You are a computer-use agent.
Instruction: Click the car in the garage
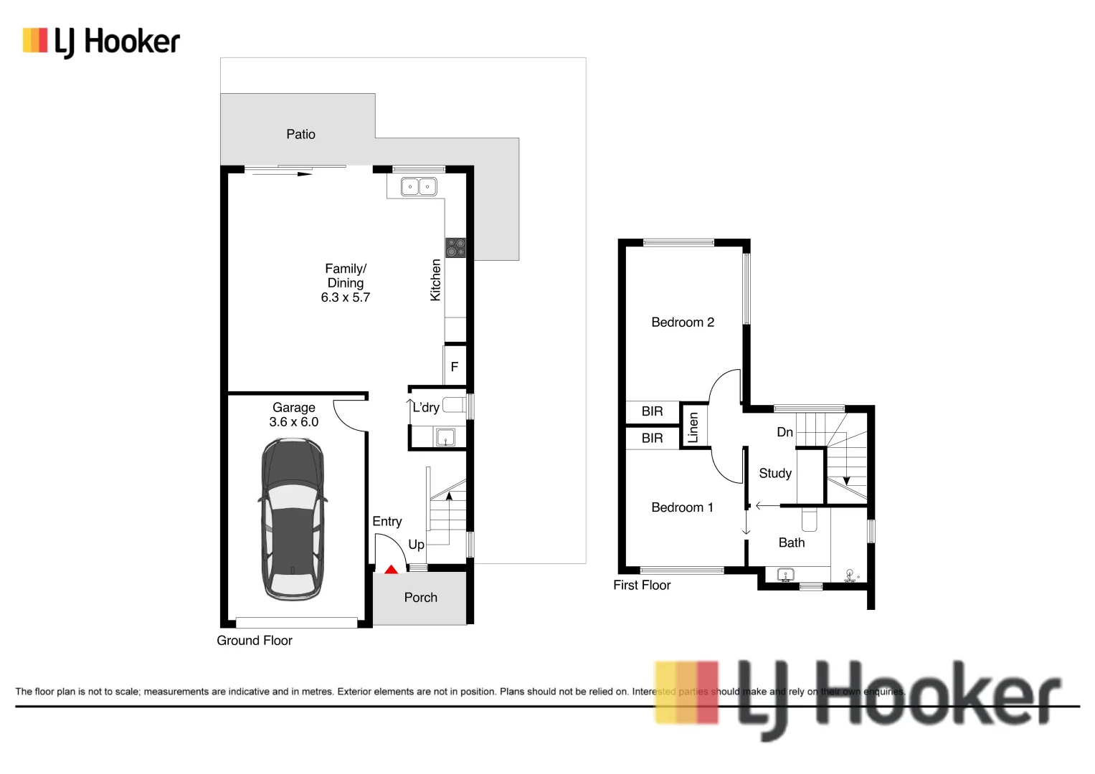tap(293, 520)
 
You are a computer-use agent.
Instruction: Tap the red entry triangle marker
tap(391, 570)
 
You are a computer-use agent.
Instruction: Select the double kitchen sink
tap(418, 186)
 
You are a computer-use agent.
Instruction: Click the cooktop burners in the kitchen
tap(455, 248)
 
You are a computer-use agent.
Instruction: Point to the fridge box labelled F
tap(455, 366)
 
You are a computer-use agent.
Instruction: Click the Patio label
tap(300, 134)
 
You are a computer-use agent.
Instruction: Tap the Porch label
tap(420, 597)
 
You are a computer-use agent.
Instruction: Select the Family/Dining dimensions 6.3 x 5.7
tap(346, 297)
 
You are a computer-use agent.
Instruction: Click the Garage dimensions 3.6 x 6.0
tap(293, 422)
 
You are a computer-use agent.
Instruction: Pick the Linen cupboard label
tap(693, 427)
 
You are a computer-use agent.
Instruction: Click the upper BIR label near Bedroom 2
tap(652, 411)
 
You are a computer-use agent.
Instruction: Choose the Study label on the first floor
tap(775, 473)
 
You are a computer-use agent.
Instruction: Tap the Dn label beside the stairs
tap(784, 432)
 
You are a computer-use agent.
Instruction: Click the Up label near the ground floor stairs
tap(416, 545)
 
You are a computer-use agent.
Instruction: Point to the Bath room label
tap(792, 543)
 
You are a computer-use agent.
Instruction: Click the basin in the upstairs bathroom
tap(786, 575)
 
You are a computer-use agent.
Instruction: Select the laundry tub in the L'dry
tap(445, 436)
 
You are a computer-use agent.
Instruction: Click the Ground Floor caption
tap(255, 641)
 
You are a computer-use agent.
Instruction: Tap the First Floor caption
tap(642, 585)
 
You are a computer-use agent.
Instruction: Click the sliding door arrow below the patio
tap(283, 173)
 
